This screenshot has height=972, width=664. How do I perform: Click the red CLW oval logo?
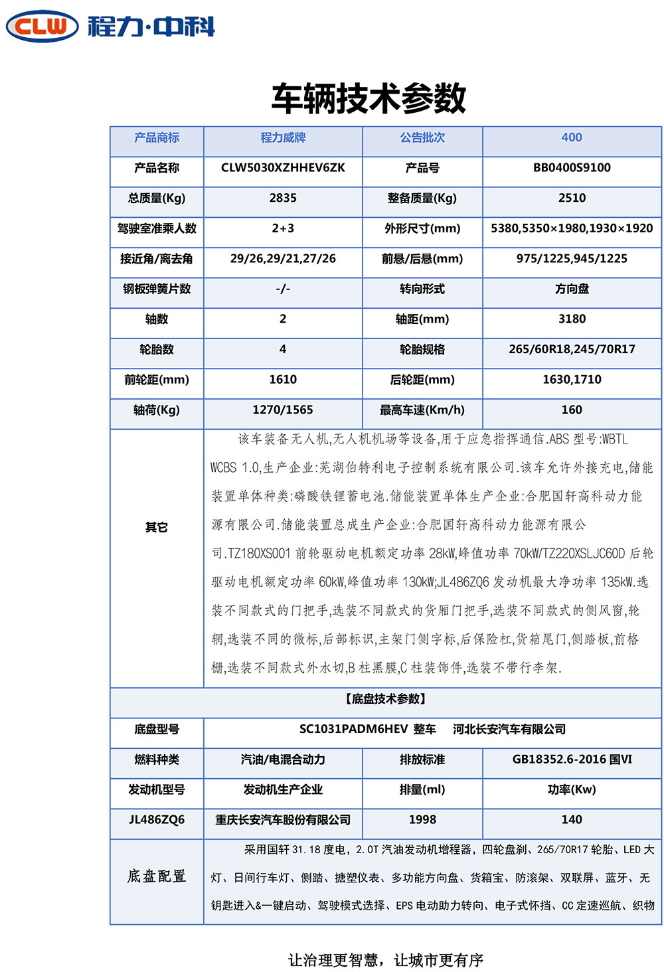(42, 27)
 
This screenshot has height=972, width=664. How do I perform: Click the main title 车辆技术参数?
(369, 98)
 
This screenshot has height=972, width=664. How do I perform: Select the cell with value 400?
(571, 137)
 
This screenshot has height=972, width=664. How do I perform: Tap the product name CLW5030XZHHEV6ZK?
(283, 168)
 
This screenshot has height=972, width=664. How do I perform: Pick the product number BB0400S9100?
(571, 168)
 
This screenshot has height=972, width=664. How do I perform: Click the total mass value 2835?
(283, 198)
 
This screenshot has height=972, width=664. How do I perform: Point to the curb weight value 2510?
(571, 198)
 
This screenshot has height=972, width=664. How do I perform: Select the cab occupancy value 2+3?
(283, 228)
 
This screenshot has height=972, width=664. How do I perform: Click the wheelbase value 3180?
(571, 319)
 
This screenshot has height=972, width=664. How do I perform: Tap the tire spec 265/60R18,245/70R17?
(571, 349)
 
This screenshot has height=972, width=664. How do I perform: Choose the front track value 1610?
(283, 380)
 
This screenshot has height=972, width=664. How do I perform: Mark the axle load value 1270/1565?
(283, 410)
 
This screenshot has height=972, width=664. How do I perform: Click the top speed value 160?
(571, 410)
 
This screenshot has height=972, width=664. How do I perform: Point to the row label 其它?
(157, 528)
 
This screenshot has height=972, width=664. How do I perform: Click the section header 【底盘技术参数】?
(385, 699)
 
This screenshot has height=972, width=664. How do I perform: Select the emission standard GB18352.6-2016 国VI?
(571, 760)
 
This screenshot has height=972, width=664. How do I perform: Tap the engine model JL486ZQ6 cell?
(157, 820)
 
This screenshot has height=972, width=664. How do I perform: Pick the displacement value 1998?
(422, 820)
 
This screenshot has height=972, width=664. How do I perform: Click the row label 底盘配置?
(157, 876)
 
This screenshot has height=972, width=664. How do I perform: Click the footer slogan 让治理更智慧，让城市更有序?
(385, 960)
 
